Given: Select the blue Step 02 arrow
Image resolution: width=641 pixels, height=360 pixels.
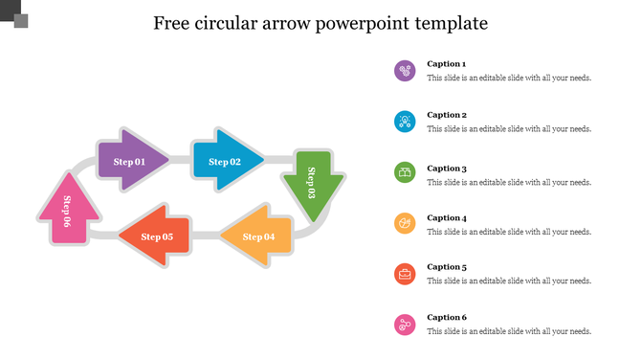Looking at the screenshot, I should [226, 161].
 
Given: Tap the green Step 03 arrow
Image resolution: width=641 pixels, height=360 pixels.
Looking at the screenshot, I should [312, 182].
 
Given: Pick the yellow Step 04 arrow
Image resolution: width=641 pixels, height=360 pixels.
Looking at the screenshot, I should [256, 236].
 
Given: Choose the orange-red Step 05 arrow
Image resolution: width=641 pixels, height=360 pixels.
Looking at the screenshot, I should [156, 236].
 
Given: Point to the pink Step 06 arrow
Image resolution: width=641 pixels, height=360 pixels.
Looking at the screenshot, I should [67, 211].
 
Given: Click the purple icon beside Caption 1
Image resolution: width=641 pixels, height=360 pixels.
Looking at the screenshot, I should [405, 71].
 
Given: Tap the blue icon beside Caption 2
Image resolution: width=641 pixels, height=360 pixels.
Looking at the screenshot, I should [405, 121].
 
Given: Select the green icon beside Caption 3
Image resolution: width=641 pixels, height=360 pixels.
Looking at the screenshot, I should [405, 173].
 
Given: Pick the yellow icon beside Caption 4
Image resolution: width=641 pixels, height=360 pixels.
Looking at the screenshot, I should [405, 223].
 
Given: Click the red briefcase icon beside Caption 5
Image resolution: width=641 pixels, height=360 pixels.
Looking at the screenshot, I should [405, 274].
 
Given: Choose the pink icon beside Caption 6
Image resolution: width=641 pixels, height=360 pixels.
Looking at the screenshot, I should [405, 325].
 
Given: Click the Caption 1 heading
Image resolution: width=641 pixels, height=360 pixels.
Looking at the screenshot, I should [447, 64].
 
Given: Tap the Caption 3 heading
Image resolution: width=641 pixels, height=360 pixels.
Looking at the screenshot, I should [447, 168].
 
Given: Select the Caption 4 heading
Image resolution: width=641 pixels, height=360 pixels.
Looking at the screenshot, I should [447, 217].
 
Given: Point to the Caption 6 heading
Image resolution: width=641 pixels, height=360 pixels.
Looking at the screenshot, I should [447, 317].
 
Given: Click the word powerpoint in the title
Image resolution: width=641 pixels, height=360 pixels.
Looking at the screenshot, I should [367, 23].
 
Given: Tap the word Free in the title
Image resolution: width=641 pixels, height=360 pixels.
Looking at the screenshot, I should [175, 22].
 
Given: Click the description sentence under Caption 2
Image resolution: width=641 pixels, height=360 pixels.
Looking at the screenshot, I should [509, 128].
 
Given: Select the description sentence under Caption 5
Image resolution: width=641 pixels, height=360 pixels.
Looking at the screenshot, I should [509, 281].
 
